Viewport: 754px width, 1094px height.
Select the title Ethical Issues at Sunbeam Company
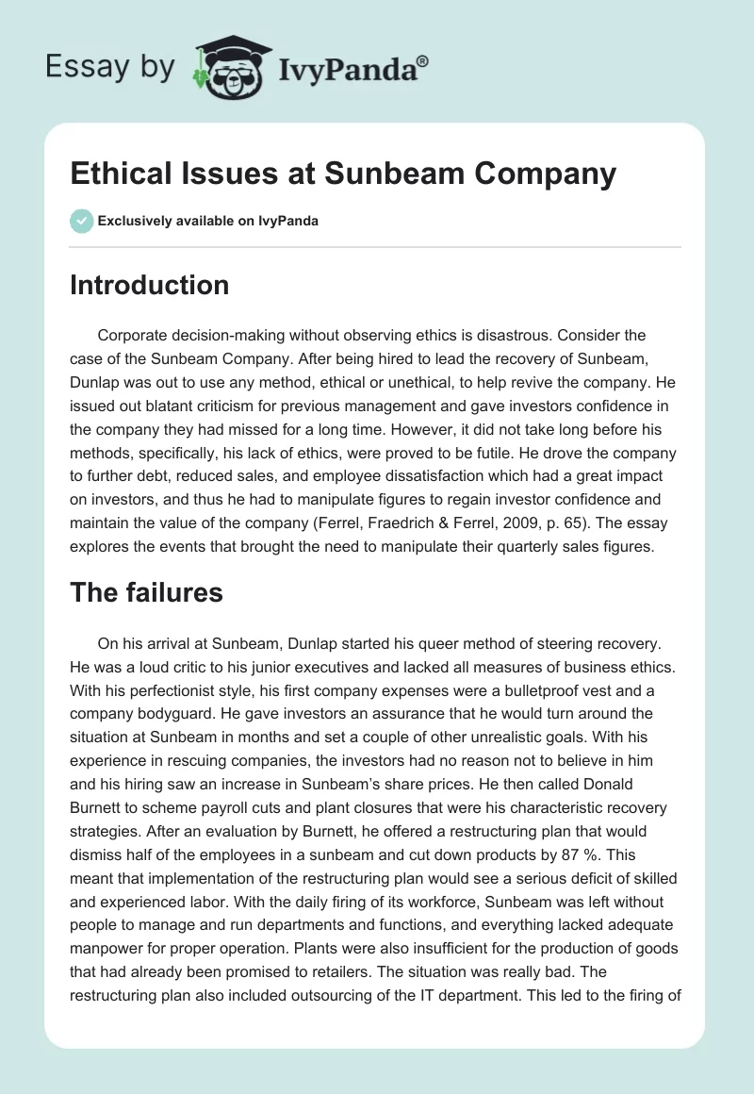pyautogui.click(x=343, y=174)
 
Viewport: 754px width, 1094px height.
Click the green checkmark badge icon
pyautogui.click(x=81, y=221)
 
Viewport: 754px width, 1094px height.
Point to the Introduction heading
pyautogui.click(x=149, y=285)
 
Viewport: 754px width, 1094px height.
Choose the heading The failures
pyautogui.click(x=146, y=592)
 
